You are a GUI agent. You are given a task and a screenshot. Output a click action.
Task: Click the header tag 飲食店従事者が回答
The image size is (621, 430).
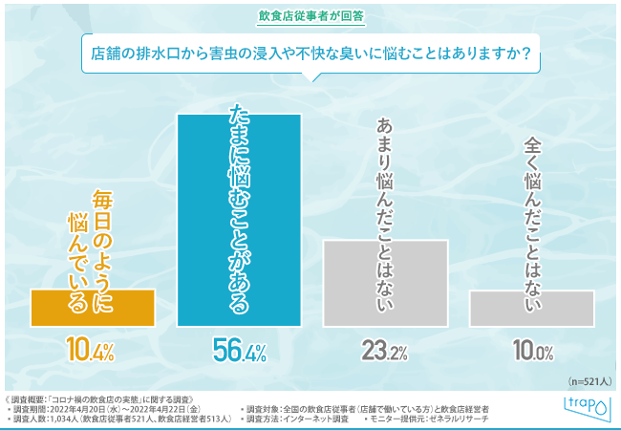click(x=310, y=15)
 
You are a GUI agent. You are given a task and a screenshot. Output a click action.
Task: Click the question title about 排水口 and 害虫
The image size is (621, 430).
click(x=310, y=48)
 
